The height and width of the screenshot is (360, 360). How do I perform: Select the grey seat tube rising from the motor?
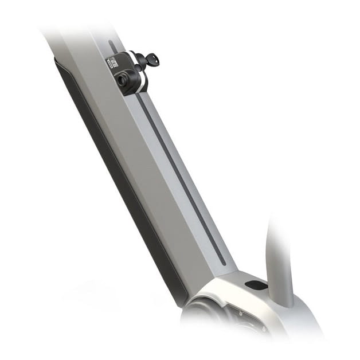(x=279, y=258)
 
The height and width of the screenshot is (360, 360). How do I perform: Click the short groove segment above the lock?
(x=113, y=46)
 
